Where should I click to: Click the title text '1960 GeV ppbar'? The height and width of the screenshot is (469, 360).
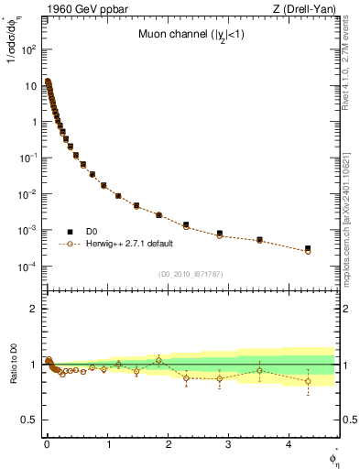point(79,10)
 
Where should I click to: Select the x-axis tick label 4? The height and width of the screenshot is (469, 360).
point(289,444)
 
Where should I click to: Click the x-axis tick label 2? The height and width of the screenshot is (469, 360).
point(168,444)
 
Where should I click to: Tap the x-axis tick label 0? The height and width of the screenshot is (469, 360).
point(46,444)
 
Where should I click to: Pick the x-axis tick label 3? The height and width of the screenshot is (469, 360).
point(229,444)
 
